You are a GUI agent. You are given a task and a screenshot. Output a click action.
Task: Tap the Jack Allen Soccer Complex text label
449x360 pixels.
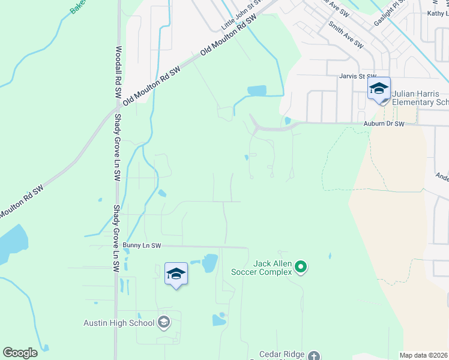[264, 268]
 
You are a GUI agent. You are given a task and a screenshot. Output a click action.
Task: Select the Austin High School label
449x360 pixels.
[119, 323]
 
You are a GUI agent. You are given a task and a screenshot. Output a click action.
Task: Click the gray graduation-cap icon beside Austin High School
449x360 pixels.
[163, 323]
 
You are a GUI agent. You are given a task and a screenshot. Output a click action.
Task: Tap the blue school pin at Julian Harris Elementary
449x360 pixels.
[379, 89]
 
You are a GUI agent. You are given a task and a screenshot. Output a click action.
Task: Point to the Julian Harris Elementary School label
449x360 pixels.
[420, 98]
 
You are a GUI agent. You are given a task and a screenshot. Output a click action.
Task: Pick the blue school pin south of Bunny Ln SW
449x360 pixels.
[176, 274]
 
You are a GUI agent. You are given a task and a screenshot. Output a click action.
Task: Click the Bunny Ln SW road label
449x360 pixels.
[142, 245]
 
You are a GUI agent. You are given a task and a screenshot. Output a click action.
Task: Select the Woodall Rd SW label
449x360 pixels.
[118, 72]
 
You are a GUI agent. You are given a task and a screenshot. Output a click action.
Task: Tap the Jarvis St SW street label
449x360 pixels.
[357, 76]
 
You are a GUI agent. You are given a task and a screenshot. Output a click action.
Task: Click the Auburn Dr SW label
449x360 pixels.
[384, 124]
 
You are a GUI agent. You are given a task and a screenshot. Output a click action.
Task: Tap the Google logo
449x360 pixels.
[20, 353]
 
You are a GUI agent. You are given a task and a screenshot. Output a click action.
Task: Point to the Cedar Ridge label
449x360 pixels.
[282, 355]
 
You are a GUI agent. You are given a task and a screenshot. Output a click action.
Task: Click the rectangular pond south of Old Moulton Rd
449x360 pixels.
[256, 91]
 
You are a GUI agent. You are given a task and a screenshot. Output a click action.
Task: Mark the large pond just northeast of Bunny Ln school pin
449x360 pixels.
[210, 263]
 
